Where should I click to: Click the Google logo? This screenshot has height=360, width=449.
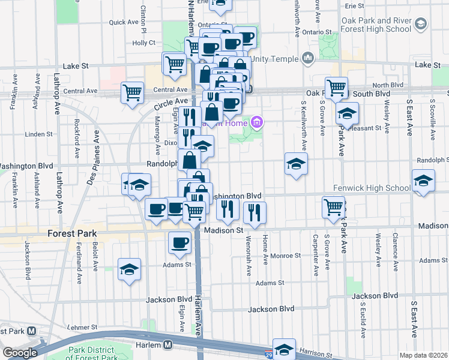[x=19, y=353]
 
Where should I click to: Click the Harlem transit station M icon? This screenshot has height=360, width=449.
[x=169, y=345]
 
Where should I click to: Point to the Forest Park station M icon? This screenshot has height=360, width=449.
[x=31, y=331]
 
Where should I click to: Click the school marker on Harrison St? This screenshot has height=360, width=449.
[x=284, y=349]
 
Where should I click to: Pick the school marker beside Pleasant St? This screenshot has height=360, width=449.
[x=347, y=113]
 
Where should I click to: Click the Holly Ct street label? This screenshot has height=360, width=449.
[x=143, y=43]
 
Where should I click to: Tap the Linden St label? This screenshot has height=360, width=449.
[x=40, y=134]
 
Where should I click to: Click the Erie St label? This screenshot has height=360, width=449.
[x=354, y=5]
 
